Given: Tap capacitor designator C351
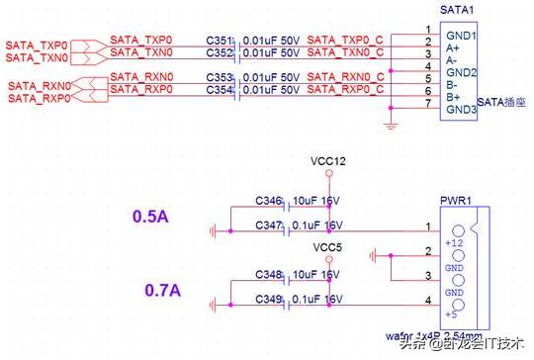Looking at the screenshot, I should coord(221,39).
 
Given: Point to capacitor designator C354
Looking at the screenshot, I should coord(221,90).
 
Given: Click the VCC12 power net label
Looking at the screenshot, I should coord(329,161).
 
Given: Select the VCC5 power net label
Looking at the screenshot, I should coord(327,247).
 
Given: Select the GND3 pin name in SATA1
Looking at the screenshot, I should coord(462,109).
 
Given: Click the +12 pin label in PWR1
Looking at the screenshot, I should coord(455,242).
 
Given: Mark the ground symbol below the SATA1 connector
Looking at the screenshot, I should coord(393,126).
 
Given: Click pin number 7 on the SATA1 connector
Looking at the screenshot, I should coord(427,102).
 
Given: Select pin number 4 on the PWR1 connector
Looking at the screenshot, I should coord(427,299).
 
